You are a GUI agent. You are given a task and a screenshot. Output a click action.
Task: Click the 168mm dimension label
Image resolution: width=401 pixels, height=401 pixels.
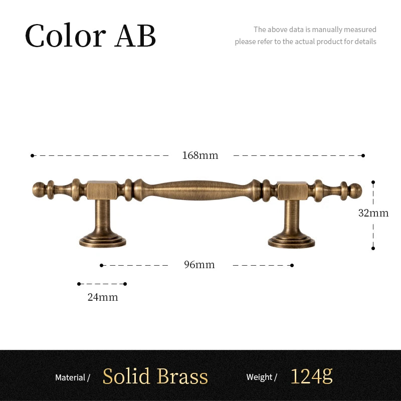200,155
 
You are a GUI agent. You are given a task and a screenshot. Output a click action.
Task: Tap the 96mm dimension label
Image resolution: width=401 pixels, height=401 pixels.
199,265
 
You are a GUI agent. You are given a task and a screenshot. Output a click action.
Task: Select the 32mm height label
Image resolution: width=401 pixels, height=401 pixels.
373,213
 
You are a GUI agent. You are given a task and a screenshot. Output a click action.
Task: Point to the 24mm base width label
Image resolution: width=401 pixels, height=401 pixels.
103,297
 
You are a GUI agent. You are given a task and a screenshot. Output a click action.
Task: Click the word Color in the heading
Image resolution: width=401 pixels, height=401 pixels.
66,35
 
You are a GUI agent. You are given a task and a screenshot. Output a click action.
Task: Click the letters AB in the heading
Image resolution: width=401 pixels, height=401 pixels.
135,35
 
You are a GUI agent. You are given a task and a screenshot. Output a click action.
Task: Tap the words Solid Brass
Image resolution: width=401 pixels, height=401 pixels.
155,376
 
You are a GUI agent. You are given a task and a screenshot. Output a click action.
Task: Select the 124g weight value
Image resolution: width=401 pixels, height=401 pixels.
311,376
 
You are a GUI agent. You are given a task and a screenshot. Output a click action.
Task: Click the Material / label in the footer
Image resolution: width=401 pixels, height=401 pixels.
73,377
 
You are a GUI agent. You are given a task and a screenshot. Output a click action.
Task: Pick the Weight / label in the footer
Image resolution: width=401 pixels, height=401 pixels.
262,377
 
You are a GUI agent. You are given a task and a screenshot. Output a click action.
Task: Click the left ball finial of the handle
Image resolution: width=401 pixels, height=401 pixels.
39,190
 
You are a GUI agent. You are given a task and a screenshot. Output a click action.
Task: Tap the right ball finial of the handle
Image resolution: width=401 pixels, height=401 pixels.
355,191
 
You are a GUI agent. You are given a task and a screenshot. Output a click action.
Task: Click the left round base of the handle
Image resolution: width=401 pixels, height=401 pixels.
103,241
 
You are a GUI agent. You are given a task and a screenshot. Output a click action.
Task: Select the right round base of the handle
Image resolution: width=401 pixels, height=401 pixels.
292,241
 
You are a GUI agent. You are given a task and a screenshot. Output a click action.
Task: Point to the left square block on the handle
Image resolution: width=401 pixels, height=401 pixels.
102,190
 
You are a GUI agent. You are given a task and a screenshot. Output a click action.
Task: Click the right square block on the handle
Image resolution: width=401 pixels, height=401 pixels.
292,191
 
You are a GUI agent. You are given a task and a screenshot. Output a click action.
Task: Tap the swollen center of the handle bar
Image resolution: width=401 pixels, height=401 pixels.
197,190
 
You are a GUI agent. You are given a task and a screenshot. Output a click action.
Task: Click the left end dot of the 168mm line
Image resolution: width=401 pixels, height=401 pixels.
32,155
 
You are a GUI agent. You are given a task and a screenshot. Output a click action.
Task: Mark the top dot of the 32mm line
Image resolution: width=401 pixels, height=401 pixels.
373,182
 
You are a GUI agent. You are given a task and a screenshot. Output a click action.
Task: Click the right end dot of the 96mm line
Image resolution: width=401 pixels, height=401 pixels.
292,266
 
